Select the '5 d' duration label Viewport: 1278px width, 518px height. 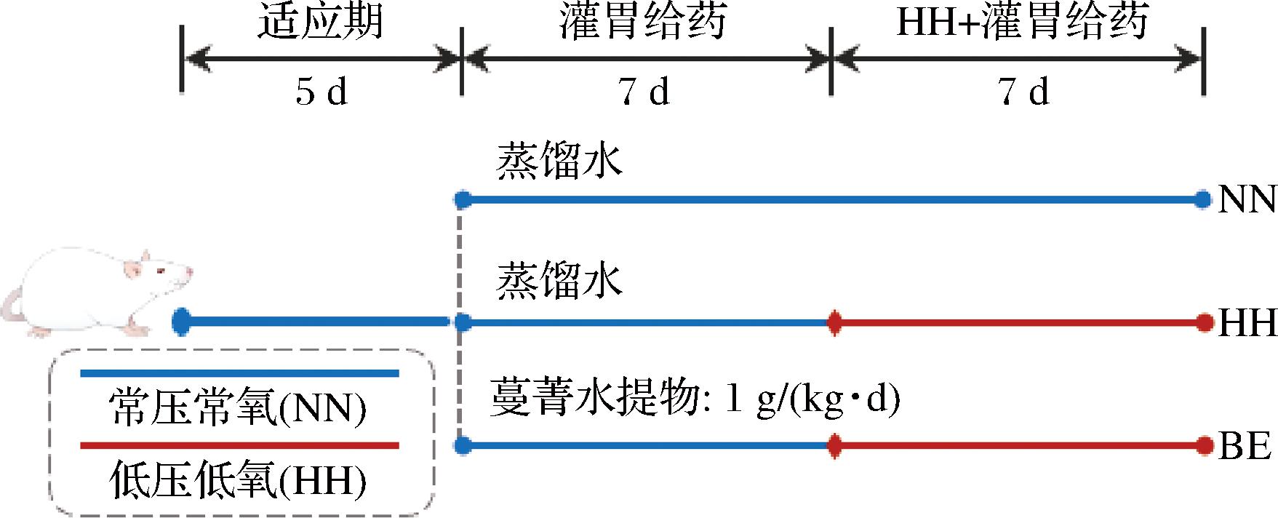(321, 92)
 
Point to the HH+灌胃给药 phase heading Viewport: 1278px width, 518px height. (1022, 23)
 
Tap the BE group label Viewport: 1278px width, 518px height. (1245, 446)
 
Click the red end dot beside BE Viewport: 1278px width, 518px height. (1204, 445)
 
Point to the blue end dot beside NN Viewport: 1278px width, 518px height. (1204, 199)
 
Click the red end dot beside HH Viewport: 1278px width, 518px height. (1204, 322)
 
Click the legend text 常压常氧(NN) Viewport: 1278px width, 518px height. (237, 410)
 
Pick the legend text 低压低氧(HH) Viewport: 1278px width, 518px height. (237, 481)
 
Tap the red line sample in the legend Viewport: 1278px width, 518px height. (239, 445)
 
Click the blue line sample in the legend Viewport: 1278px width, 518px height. (239, 374)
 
